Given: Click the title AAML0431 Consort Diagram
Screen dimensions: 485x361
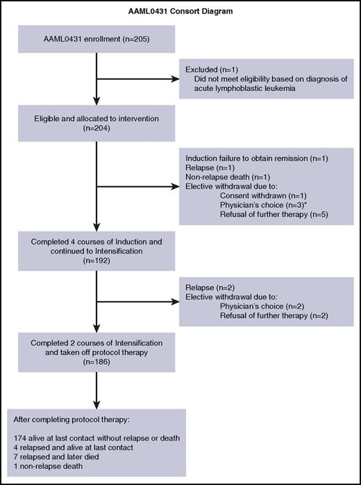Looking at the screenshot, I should [180, 12].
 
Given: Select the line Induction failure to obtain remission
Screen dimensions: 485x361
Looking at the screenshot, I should [256, 158].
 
